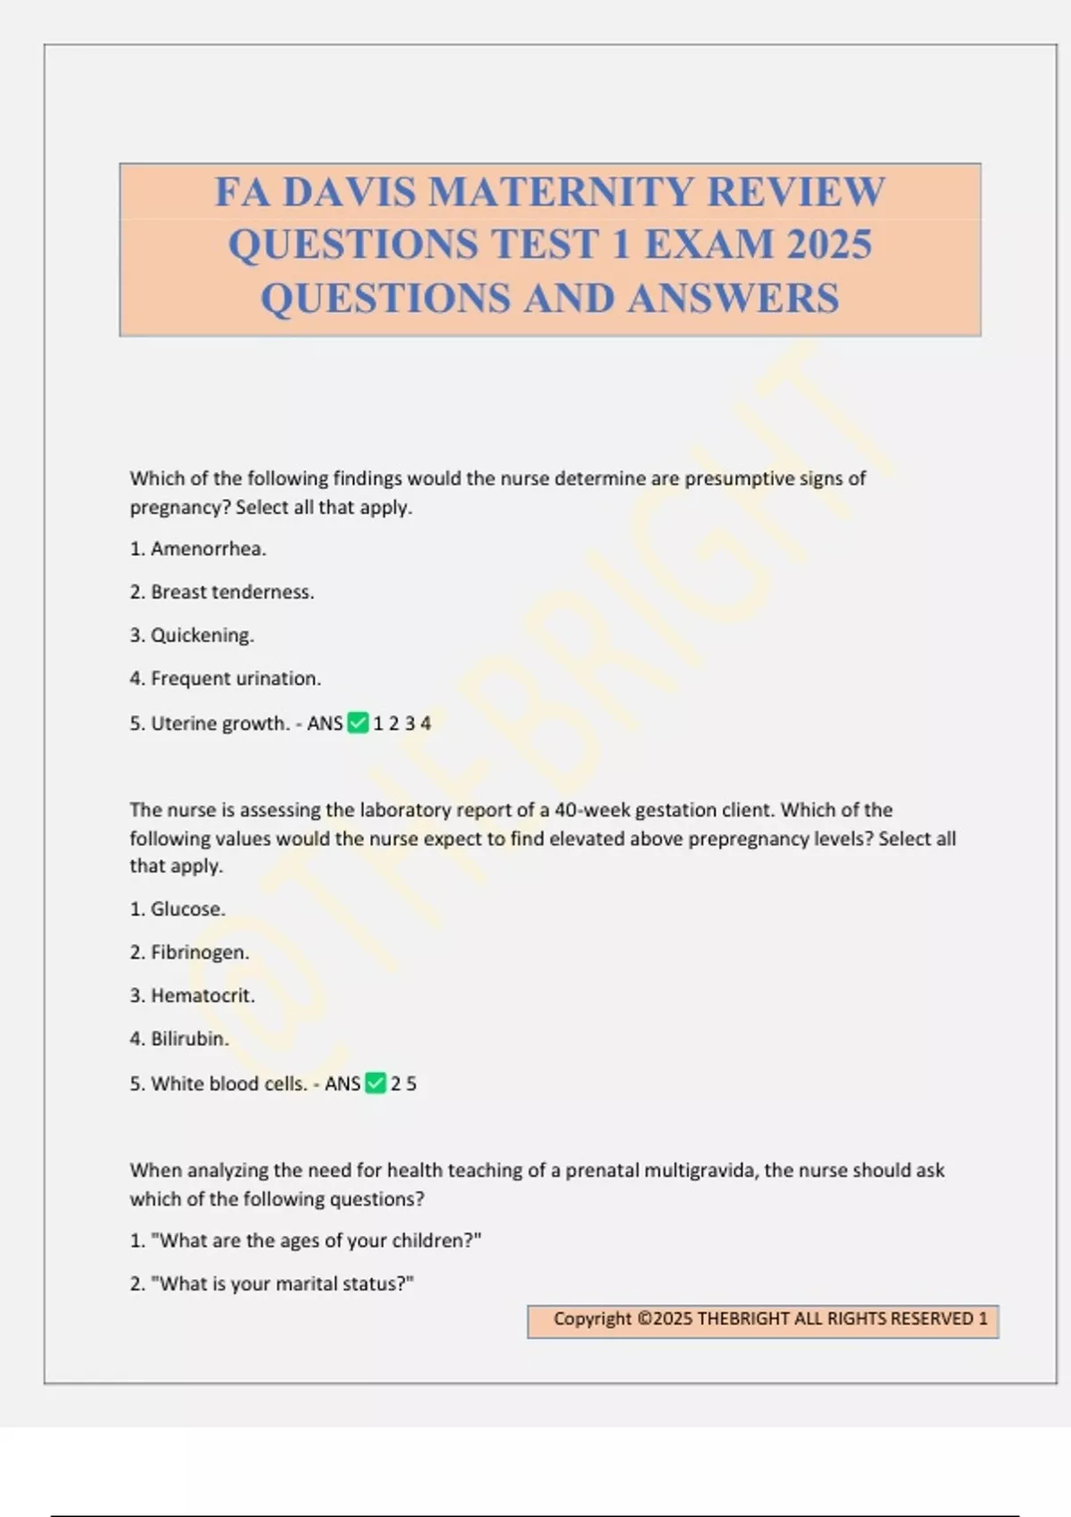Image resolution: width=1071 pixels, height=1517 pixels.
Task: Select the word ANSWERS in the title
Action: tap(733, 299)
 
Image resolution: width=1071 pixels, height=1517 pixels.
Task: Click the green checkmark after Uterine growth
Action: tap(358, 723)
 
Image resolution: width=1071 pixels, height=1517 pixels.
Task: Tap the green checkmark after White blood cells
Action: tap(376, 1083)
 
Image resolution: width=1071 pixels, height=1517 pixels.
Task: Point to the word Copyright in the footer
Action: tap(592, 1319)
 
